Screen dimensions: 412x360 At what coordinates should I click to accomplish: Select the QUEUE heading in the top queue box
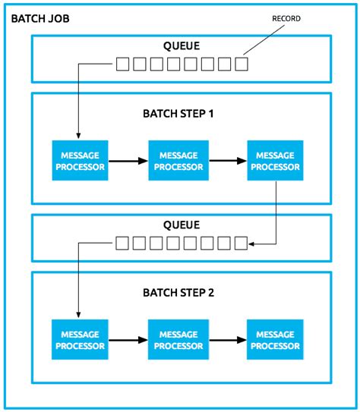click(181, 46)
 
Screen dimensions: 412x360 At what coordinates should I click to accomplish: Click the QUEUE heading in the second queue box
click(181, 225)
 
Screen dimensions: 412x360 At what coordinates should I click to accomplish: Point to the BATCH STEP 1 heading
click(178, 114)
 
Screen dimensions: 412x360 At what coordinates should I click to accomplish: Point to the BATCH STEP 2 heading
click(178, 292)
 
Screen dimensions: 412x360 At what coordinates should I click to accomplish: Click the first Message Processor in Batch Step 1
click(79, 161)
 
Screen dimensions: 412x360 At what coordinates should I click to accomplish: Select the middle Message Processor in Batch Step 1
click(177, 161)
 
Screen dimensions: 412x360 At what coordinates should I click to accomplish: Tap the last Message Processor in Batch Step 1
click(275, 161)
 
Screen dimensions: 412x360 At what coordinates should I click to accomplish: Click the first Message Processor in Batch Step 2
click(79, 340)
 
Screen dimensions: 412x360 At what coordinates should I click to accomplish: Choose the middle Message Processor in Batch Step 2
click(177, 340)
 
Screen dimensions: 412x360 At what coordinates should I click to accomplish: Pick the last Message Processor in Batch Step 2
click(275, 340)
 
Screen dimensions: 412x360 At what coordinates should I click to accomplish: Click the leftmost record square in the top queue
click(123, 64)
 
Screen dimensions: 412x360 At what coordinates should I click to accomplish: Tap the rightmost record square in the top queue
click(242, 64)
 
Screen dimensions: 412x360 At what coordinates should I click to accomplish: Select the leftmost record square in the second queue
click(123, 244)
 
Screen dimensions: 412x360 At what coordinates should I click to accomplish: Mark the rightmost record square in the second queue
click(242, 244)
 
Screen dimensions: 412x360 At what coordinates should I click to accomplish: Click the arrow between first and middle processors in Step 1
click(128, 161)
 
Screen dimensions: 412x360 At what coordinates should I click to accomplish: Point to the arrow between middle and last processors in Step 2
click(226, 340)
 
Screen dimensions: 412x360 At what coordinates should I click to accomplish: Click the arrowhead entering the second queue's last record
click(254, 244)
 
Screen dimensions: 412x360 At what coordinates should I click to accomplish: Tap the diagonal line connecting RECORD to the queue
click(267, 41)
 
